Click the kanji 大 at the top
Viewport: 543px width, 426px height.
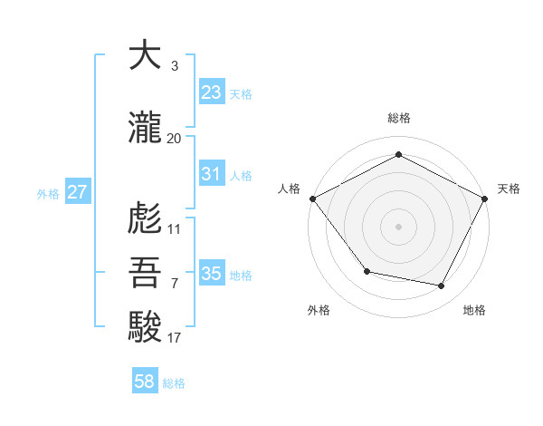(x=145, y=55)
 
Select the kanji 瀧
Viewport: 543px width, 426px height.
(x=145, y=129)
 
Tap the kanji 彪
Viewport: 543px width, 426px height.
(x=145, y=218)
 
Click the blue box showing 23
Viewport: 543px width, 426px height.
(x=212, y=92)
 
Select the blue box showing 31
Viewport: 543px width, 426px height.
(x=212, y=174)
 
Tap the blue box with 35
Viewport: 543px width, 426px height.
(x=212, y=274)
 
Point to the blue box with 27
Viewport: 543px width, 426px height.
(x=78, y=192)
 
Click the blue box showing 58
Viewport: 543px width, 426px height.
(x=145, y=382)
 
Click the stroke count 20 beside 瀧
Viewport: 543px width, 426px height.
(x=174, y=138)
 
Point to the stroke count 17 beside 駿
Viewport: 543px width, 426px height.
(x=174, y=338)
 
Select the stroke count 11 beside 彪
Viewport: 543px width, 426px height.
(x=174, y=228)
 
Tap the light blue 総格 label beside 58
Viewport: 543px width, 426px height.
(x=174, y=383)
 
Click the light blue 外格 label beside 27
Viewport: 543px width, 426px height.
(x=48, y=193)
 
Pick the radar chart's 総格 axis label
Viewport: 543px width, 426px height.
(x=398, y=119)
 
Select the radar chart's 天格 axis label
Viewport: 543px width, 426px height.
(x=510, y=189)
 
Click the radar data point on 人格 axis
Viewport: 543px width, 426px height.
(x=312, y=198)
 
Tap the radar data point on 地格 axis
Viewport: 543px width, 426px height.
(x=442, y=286)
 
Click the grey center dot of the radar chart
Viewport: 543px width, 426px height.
(x=398, y=226)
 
